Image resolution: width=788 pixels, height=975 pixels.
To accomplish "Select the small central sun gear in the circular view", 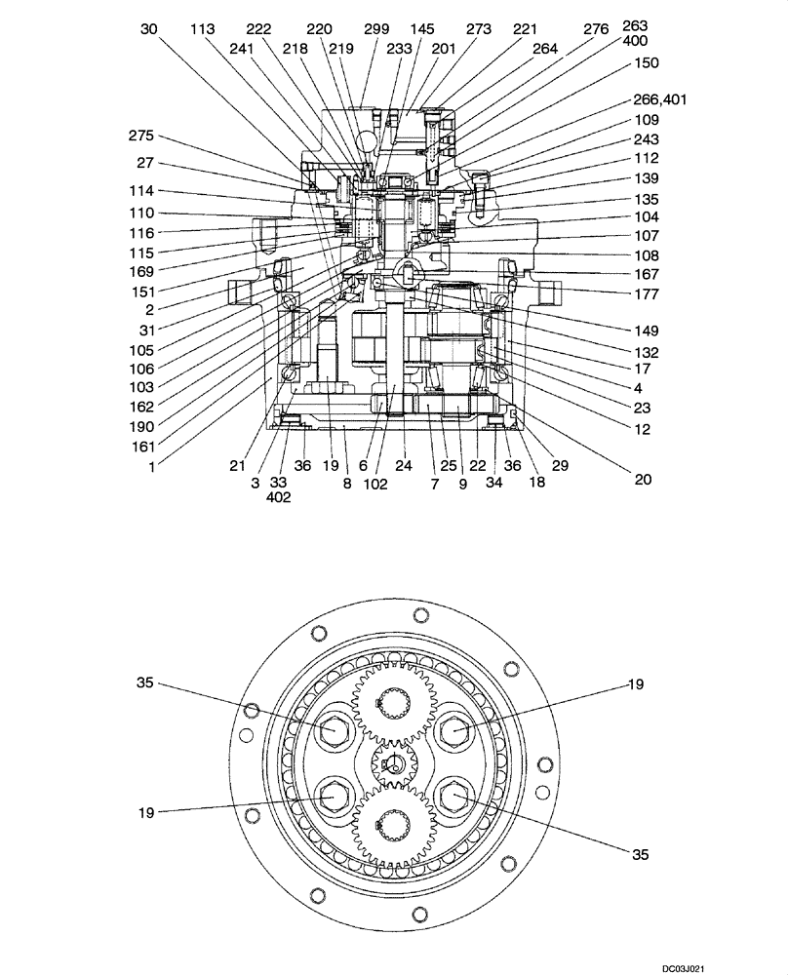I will (395, 762).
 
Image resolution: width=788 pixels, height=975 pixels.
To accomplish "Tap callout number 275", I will (141, 136).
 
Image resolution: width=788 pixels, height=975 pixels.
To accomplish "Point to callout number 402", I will (277, 497).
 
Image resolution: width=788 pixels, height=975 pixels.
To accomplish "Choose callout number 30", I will (148, 29).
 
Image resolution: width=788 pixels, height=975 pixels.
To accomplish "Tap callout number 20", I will (641, 480).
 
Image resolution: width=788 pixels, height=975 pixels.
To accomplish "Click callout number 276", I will (596, 29).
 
